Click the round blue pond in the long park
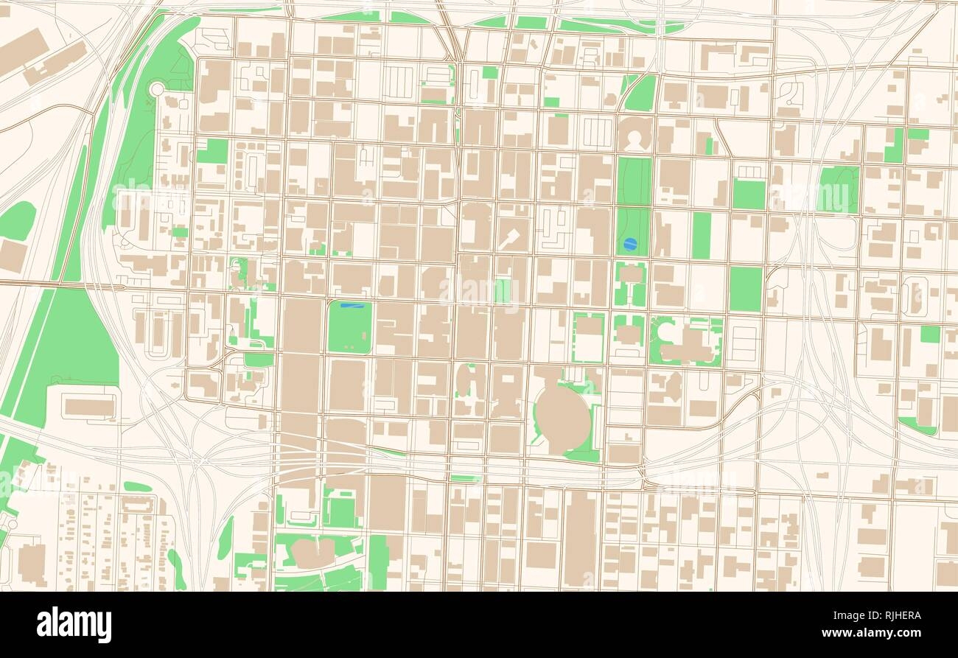tap(629, 244)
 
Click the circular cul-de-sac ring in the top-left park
tap(157, 89)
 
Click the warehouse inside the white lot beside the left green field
tap(88, 406)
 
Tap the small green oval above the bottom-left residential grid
tap(137, 486)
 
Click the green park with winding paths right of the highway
tap(839, 189)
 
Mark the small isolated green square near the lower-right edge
tap(930, 334)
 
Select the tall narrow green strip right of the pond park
tap(701, 235)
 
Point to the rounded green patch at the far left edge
tap(16, 220)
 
